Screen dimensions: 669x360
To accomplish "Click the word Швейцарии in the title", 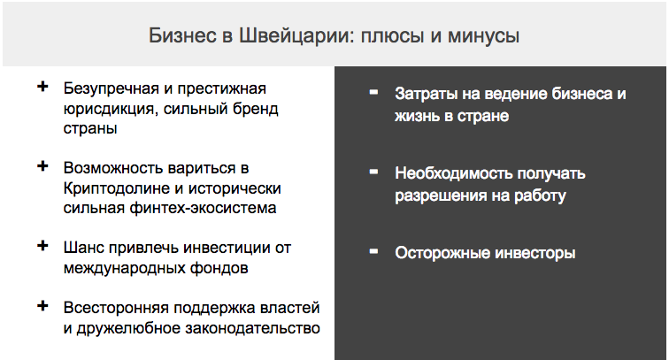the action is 296,36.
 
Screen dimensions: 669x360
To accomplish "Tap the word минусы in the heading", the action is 483,36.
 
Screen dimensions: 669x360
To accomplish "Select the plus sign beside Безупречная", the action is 42,87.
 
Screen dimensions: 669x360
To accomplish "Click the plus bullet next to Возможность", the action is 42,166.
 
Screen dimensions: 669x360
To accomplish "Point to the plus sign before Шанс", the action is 42,246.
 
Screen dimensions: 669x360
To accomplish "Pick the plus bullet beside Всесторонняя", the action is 42,306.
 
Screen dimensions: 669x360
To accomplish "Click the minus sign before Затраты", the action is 373,92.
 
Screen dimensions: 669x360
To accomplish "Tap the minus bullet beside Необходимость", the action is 373,172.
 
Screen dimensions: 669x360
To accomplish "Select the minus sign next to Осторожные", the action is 373,251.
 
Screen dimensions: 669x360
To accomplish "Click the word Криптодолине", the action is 115,188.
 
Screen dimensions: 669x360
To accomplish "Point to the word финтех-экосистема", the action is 203,208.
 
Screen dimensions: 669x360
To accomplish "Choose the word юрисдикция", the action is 111,109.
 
